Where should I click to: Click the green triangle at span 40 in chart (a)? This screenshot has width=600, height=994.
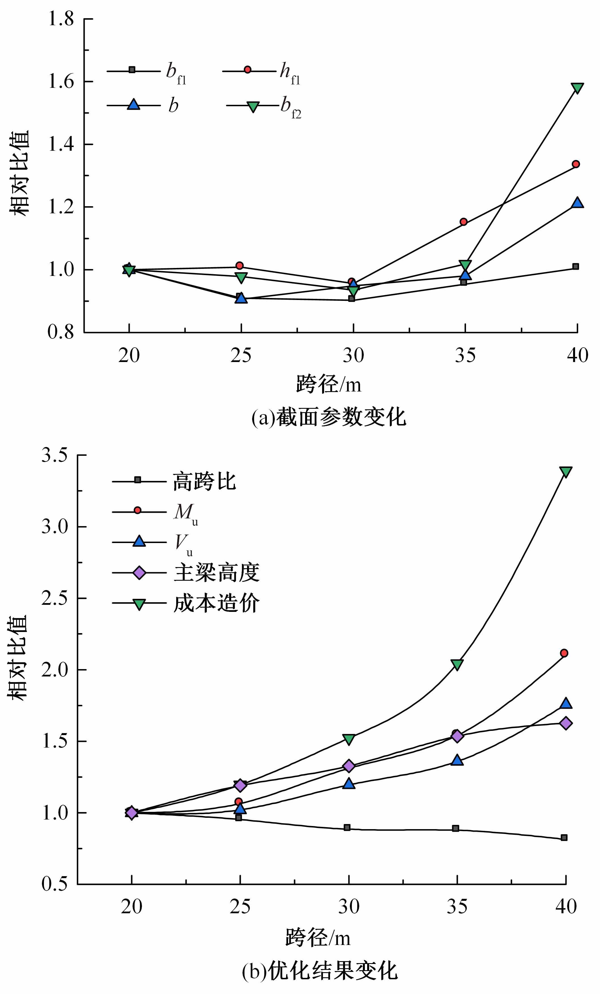point(577,88)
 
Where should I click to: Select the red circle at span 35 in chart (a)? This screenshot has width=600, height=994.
point(464,222)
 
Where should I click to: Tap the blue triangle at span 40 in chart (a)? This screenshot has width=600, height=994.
point(577,203)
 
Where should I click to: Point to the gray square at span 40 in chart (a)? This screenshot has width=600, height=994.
point(576,267)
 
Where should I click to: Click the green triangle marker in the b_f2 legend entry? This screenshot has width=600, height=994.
point(253,107)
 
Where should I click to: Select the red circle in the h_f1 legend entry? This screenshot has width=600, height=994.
point(248,70)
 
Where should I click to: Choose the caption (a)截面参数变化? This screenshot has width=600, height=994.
point(328,417)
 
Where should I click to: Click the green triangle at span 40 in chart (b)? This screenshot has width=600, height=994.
point(566,472)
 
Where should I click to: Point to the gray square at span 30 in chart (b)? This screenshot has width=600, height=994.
point(347,828)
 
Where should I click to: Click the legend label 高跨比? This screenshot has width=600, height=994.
point(204,481)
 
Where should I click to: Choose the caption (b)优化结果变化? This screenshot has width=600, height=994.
point(320,972)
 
